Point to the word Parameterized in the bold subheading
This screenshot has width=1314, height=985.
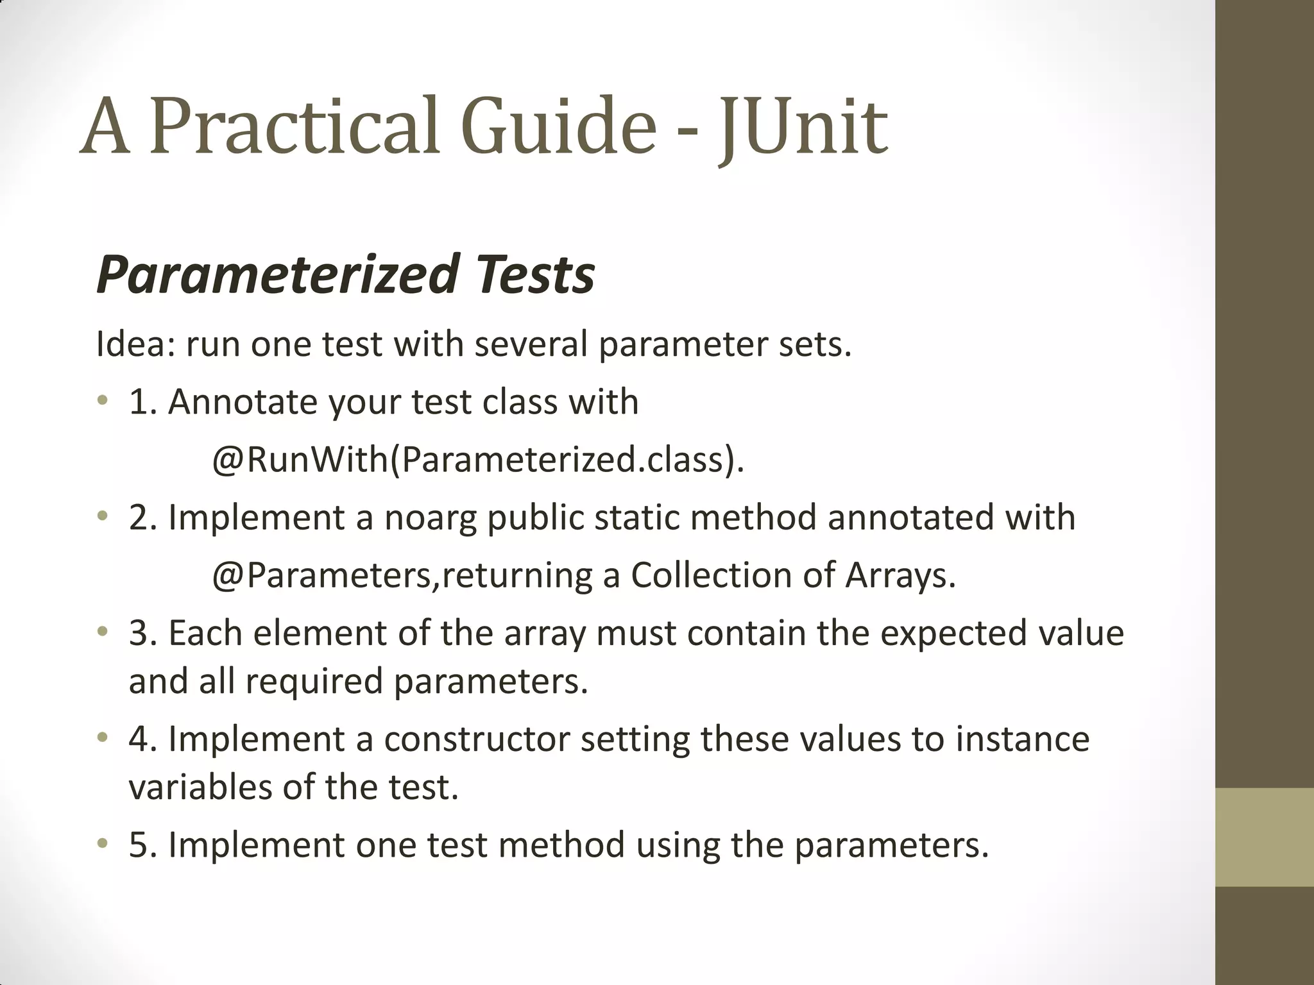click(x=276, y=274)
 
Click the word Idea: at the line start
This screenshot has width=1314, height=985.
click(x=135, y=344)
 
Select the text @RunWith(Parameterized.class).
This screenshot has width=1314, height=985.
click(x=478, y=459)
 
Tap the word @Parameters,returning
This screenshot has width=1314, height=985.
click(x=402, y=575)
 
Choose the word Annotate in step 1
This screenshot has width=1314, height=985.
click(x=243, y=402)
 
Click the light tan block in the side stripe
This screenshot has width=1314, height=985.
click(x=1264, y=837)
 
